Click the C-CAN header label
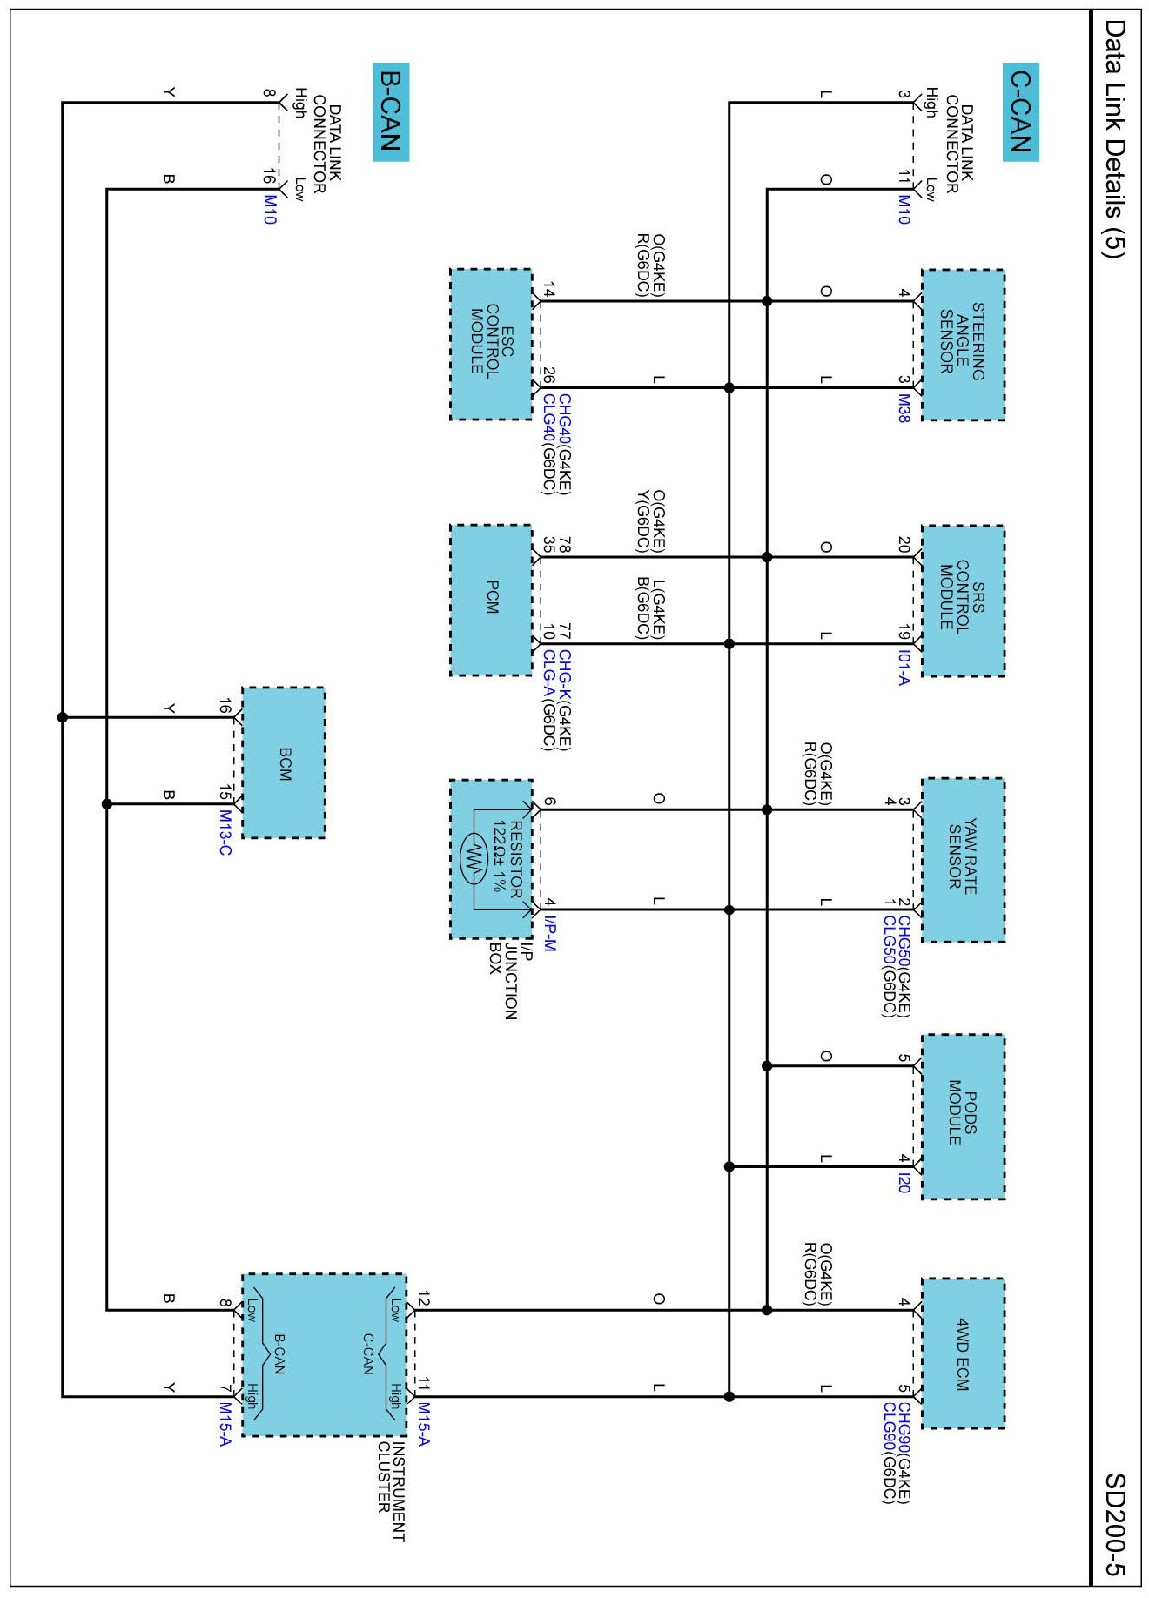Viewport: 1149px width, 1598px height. [x=1020, y=111]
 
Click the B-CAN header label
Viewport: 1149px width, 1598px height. [x=390, y=111]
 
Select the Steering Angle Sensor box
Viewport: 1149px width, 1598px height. [x=963, y=345]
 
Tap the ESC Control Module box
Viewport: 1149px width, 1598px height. [x=491, y=345]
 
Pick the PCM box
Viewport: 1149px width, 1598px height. [x=491, y=601]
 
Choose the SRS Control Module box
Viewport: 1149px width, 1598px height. [x=963, y=601]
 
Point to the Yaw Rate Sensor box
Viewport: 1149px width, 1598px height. [x=963, y=860]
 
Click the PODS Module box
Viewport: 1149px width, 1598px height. [x=963, y=1117]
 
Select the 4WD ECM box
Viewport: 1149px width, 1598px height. [x=963, y=1353]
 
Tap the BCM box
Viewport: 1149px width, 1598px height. [x=284, y=763]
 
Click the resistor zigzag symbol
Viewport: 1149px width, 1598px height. [x=474, y=860]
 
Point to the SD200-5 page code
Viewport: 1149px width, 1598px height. [x=1116, y=1524]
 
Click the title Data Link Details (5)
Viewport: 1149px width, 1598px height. [x=1116, y=139]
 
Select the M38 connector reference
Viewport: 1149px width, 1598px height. [x=904, y=408]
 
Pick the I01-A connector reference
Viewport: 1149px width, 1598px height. [x=904, y=668]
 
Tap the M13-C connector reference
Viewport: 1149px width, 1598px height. [x=225, y=832]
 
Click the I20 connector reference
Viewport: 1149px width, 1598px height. [x=904, y=1183]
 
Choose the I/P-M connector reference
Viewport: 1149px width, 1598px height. [x=548, y=932]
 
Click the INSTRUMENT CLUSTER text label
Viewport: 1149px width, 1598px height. [x=391, y=1492]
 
